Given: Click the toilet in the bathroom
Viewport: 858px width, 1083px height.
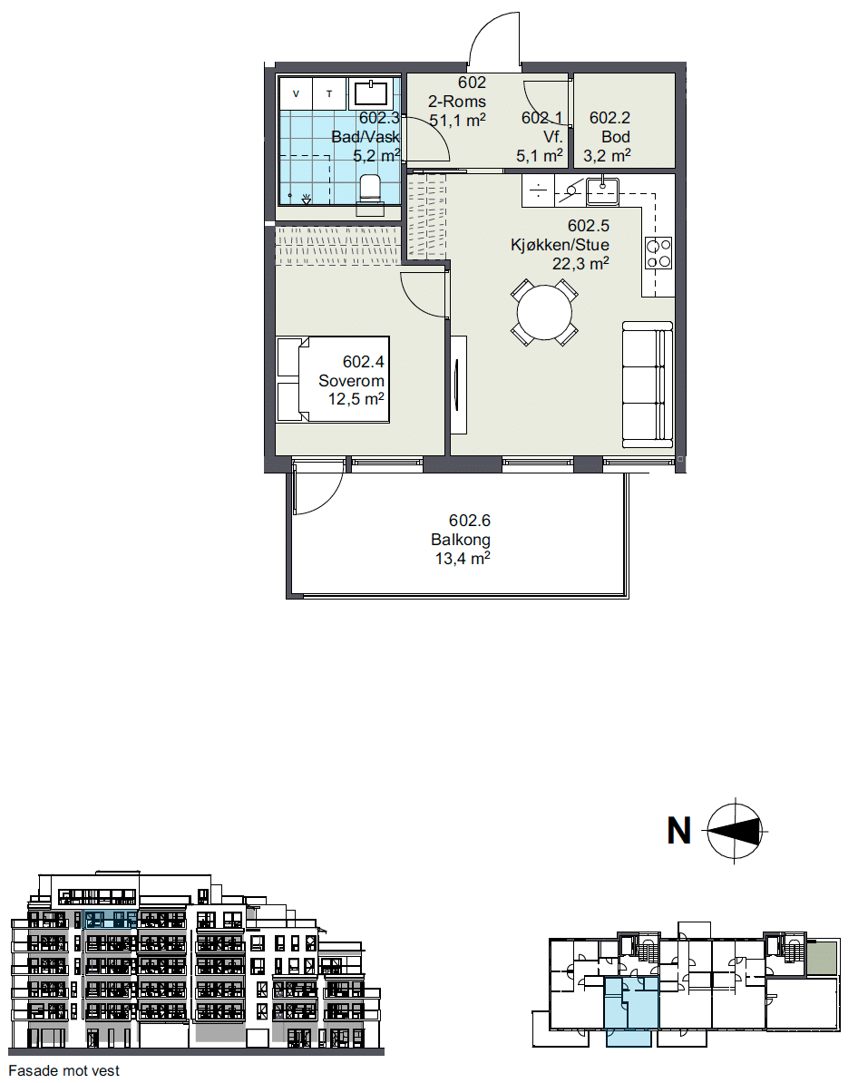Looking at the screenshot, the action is tap(370, 190).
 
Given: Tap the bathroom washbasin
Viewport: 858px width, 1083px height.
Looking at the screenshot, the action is tap(371, 93).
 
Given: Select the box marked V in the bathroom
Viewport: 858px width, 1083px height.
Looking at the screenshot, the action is tap(297, 93).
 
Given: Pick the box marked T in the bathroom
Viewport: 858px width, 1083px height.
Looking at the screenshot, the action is tap(329, 93).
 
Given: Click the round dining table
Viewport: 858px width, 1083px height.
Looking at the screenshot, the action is tap(544, 312).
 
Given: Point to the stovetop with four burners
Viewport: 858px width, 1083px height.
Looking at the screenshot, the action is tap(658, 253).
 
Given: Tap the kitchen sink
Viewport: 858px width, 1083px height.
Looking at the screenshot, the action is tap(602, 191).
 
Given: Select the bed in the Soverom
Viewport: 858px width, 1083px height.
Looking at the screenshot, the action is tap(333, 379).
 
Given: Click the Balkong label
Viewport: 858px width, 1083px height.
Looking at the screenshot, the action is tap(460, 540).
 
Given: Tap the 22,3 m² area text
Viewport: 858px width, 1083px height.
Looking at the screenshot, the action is tap(580, 263).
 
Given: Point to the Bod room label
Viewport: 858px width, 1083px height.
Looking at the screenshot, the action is tap(616, 137).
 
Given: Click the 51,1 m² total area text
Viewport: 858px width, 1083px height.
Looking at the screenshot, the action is tap(457, 120).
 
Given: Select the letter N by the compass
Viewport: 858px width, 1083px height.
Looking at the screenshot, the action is tap(679, 830).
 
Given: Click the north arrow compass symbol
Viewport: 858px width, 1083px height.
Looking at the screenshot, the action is tap(735, 830).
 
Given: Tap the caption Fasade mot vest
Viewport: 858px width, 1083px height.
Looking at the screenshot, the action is tap(63, 1070).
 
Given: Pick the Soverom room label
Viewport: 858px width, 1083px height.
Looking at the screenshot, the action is tap(351, 381).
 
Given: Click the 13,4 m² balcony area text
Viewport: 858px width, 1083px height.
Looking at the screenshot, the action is tap(463, 558).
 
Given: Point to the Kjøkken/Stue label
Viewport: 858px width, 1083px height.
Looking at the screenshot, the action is tap(560, 245).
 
